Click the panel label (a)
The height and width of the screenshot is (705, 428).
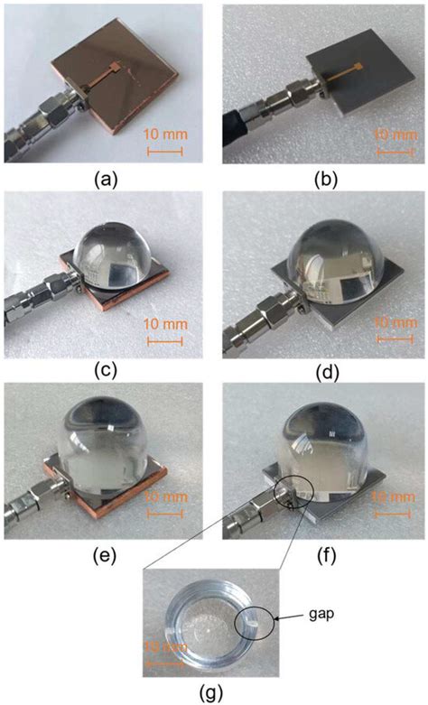(106, 179)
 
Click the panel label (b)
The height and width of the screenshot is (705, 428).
(322, 179)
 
